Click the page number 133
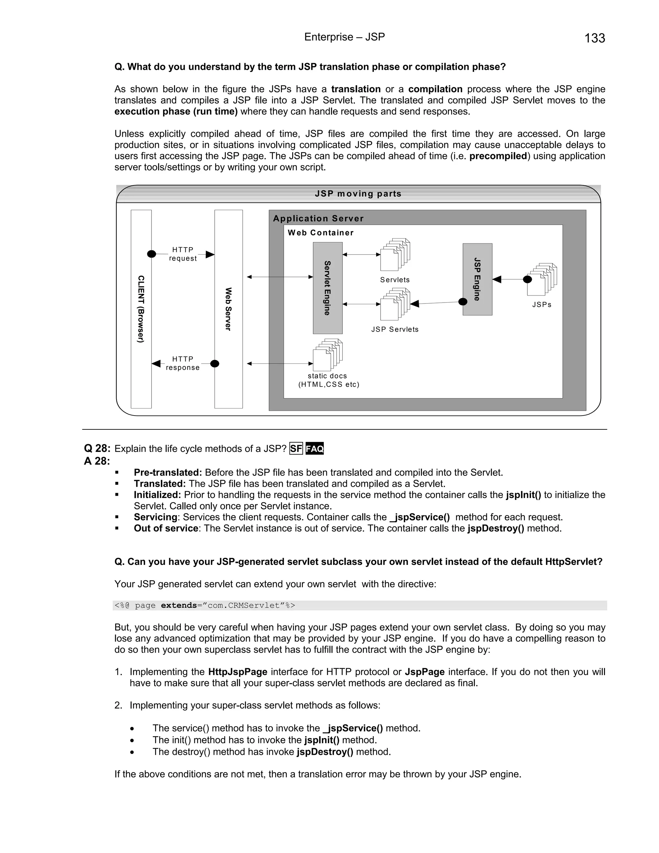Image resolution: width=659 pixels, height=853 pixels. point(594,38)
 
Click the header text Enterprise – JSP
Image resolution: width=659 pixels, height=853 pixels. point(344,37)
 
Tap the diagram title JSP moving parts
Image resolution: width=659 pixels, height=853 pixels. point(358,194)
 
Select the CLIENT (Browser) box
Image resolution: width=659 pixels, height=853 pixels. point(141,309)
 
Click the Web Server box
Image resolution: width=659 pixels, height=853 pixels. point(228,309)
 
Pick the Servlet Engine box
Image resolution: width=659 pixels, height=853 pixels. point(328,288)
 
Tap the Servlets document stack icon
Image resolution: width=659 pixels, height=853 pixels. point(395,255)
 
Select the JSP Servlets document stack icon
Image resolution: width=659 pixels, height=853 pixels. point(395,304)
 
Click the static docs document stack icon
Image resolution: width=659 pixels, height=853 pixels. point(328,355)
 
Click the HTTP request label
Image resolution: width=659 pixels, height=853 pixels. point(183,254)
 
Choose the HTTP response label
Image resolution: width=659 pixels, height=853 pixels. point(183,363)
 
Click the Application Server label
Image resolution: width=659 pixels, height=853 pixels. point(318,218)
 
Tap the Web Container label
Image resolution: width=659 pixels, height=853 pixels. point(320,233)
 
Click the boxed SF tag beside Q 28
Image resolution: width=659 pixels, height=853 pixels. point(296,449)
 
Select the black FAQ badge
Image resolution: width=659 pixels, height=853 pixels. point(315,449)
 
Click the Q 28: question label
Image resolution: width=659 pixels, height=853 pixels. point(97,448)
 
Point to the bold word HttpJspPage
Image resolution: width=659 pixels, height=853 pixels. point(237,672)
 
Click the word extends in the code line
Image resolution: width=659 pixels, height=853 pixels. point(179,605)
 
